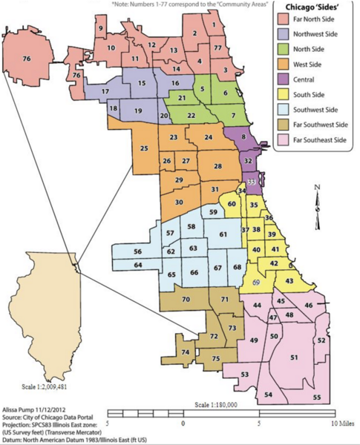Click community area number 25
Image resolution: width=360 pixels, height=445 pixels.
(144, 149)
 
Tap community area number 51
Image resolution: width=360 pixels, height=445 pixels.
(294, 357)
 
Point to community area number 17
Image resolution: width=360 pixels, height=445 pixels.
(106, 91)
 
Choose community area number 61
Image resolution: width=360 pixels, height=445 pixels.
(222, 234)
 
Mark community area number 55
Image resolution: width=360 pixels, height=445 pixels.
(317, 398)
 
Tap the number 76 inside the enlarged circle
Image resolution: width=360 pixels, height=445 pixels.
(27, 58)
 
